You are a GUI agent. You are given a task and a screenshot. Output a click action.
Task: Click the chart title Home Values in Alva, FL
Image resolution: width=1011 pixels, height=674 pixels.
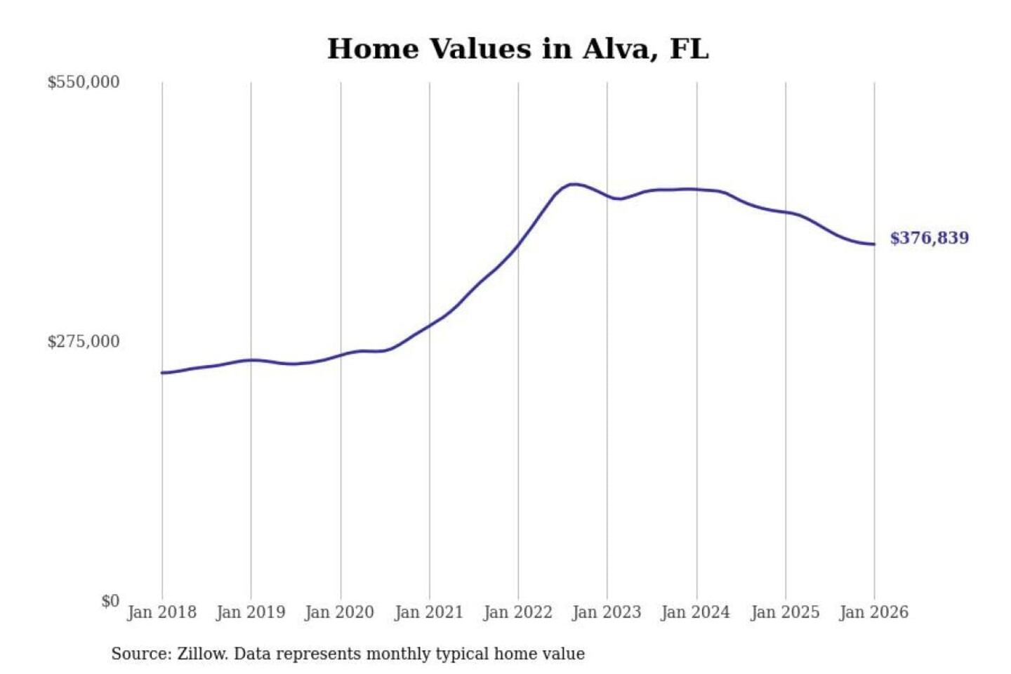[x=518, y=49]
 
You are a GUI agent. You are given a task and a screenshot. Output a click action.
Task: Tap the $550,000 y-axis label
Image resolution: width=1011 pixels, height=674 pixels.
[x=84, y=82]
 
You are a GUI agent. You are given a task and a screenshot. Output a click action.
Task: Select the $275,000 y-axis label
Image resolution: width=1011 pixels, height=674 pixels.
[x=84, y=342]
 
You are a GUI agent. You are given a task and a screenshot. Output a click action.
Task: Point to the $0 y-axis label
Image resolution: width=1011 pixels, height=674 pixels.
[x=110, y=601]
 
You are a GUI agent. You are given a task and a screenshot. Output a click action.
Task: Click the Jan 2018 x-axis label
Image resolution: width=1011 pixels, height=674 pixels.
[x=161, y=612]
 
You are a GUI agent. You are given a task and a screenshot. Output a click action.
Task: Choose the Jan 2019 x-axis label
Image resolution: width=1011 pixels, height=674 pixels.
[x=251, y=612]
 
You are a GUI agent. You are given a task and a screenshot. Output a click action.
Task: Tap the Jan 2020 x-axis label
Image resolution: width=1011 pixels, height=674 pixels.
[x=340, y=612]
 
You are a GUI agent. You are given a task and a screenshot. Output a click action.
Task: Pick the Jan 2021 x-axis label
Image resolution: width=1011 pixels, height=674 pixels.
[x=429, y=612]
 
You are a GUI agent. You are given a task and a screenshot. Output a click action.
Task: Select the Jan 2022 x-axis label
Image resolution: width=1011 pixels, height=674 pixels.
[x=518, y=612]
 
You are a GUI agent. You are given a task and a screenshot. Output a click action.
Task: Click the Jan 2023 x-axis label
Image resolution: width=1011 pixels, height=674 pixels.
[x=607, y=612]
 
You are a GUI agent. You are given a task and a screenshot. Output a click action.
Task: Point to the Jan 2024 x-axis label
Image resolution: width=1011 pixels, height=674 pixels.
[x=696, y=612]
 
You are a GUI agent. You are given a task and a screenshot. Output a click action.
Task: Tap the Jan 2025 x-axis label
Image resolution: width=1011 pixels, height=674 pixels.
[x=785, y=612]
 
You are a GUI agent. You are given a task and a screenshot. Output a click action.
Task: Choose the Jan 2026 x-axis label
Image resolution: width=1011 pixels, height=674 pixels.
[x=874, y=612]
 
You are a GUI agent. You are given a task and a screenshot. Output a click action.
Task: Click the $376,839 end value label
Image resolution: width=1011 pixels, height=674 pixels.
[x=929, y=238]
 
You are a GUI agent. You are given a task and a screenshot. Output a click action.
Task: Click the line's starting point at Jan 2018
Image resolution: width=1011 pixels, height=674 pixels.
[x=162, y=373]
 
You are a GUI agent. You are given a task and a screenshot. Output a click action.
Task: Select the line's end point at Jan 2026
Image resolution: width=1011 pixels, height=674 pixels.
[x=874, y=244]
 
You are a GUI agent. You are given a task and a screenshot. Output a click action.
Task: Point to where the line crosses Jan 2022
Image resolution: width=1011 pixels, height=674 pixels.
[x=519, y=244]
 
